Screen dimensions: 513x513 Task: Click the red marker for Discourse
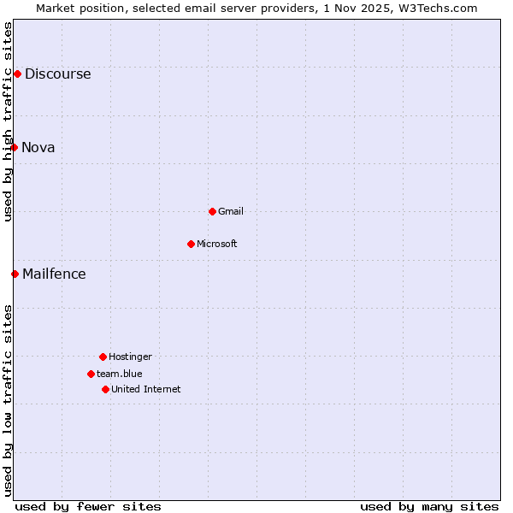pos(17,74)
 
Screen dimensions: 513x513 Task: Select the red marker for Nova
pos(15,147)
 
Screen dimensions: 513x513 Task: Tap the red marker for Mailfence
pos(15,274)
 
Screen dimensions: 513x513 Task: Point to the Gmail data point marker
pos(212,211)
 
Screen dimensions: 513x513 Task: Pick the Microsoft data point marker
pos(191,244)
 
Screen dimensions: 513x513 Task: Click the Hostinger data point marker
pos(103,357)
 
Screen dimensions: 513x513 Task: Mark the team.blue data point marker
pos(91,374)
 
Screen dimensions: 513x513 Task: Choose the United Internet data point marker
pos(105,389)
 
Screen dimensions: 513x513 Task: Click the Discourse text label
pos(57,74)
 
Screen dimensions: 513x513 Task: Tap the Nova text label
pos(38,148)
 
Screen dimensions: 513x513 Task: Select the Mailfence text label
pos(54,274)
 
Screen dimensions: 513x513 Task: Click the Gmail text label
pos(231,212)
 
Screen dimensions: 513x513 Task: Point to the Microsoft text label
pos(217,245)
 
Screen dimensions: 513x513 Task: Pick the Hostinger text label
pos(130,357)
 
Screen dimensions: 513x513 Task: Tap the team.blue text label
pos(120,374)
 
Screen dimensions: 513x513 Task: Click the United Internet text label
pos(146,390)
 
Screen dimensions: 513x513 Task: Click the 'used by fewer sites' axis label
pos(88,506)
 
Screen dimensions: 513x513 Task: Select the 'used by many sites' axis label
pos(429,506)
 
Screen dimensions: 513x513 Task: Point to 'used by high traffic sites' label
pos(9,121)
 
